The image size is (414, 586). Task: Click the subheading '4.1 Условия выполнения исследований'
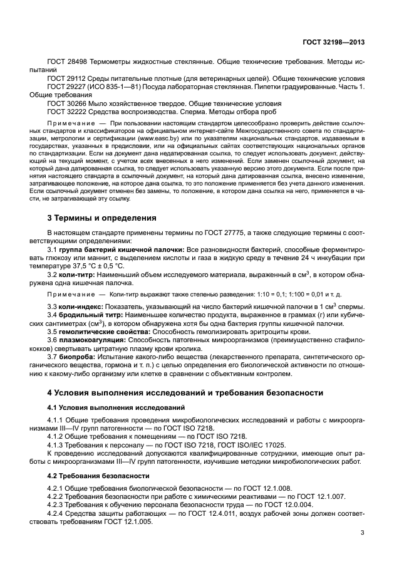[x=105, y=408]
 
